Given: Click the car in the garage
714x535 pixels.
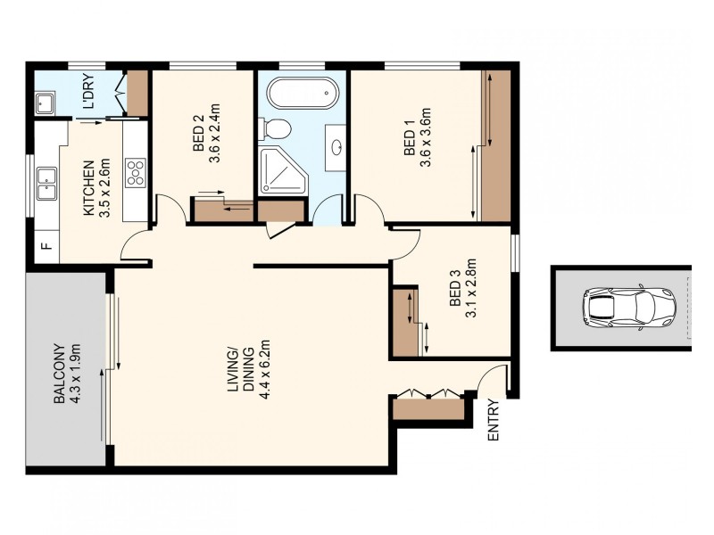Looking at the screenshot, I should (x=629, y=308).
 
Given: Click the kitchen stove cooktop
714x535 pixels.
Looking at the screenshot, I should (x=136, y=172).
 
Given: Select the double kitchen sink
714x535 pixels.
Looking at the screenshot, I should (x=45, y=187).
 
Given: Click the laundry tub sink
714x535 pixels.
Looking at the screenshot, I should (x=46, y=104).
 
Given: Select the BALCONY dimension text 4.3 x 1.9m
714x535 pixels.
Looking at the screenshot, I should (x=76, y=374).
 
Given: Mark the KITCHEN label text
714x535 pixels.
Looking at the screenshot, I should (x=88, y=188).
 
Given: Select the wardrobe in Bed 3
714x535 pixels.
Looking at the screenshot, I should (x=405, y=322).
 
